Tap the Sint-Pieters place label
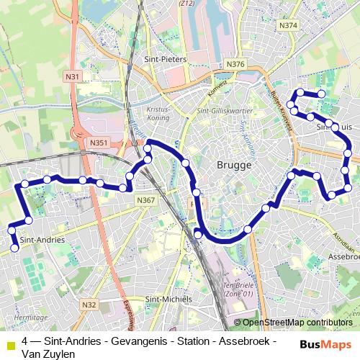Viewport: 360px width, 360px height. pos(166,60)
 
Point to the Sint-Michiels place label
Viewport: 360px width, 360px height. pos(168,299)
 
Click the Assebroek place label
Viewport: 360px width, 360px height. pos(344,256)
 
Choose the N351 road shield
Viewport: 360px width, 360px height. pos(99,143)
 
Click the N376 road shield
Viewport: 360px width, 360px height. pos(235,64)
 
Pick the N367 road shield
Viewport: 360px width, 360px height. pos(145,200)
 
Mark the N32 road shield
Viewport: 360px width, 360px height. pos(89,305)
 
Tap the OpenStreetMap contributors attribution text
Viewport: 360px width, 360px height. pos(297,323)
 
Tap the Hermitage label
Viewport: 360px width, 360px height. pos(20,316)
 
